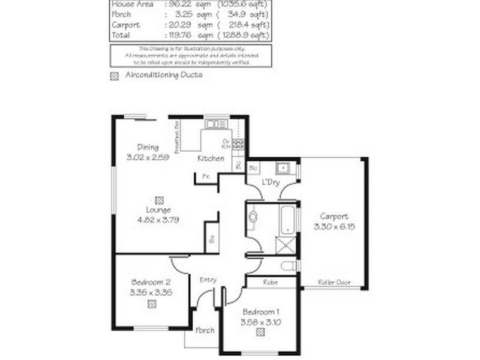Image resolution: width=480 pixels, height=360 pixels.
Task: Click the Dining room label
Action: pos(148,147)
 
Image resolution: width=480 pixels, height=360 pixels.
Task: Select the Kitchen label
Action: pos(211,158)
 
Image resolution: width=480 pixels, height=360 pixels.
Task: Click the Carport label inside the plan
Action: pos(334,217)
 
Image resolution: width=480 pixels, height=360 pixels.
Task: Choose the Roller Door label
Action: pos(335,283)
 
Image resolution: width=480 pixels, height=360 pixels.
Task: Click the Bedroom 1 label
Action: pos(260,312)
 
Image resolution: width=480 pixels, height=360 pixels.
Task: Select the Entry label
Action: pos(208,280)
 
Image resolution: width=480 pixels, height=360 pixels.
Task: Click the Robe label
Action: pos(270,281)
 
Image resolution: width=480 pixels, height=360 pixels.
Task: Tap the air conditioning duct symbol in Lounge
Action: pos(158,200)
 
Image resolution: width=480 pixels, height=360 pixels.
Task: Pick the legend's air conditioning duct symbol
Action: pos(114,76)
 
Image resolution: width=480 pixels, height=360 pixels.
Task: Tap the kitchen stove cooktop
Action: pos(238,143)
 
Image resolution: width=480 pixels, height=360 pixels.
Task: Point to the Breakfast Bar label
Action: pos(177,139)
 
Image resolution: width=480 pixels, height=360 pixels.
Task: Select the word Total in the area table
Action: pos(121,35)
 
